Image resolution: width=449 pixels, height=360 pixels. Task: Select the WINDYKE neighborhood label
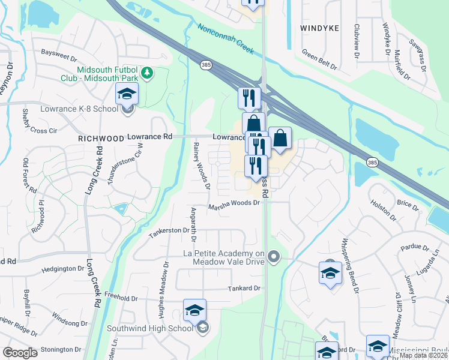point(319,28)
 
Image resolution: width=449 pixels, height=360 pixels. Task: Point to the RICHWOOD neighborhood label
point(100,137)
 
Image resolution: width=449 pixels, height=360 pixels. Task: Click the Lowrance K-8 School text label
point(79,109)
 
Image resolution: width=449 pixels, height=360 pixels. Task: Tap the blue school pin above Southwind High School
point(194,310)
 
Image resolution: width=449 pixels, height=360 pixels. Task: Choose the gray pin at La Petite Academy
point(274,257)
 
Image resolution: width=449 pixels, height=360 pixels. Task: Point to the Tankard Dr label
point(244,289)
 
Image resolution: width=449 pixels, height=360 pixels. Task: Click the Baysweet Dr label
point(59,53)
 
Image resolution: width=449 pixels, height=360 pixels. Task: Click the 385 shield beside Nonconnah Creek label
point(205,64)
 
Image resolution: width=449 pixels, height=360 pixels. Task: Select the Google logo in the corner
point(20,352)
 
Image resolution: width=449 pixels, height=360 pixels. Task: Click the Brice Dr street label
point(408,205)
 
